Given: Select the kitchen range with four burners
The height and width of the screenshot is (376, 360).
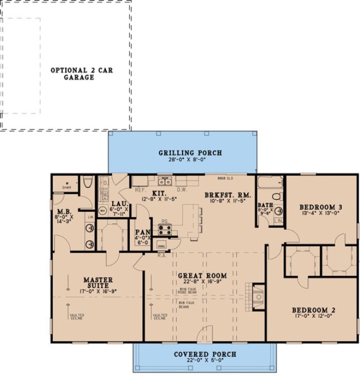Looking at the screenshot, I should [x=166, y=229].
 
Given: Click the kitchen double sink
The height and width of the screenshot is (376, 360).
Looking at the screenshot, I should [x=164, y=182].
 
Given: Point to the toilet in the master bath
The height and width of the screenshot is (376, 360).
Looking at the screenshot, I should [x=87, y=182].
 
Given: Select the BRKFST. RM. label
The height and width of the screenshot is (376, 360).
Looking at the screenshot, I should [x=227, y=194].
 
